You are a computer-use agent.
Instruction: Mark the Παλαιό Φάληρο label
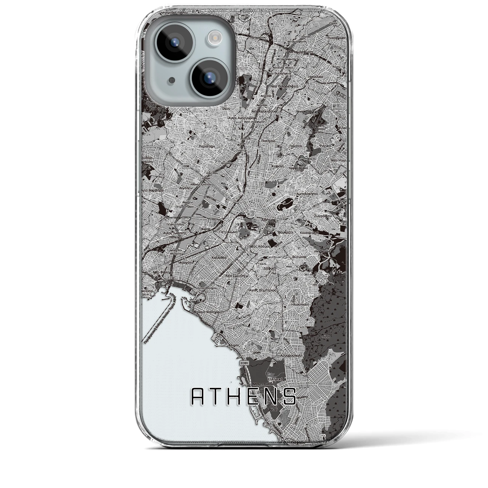pos(207,312)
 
